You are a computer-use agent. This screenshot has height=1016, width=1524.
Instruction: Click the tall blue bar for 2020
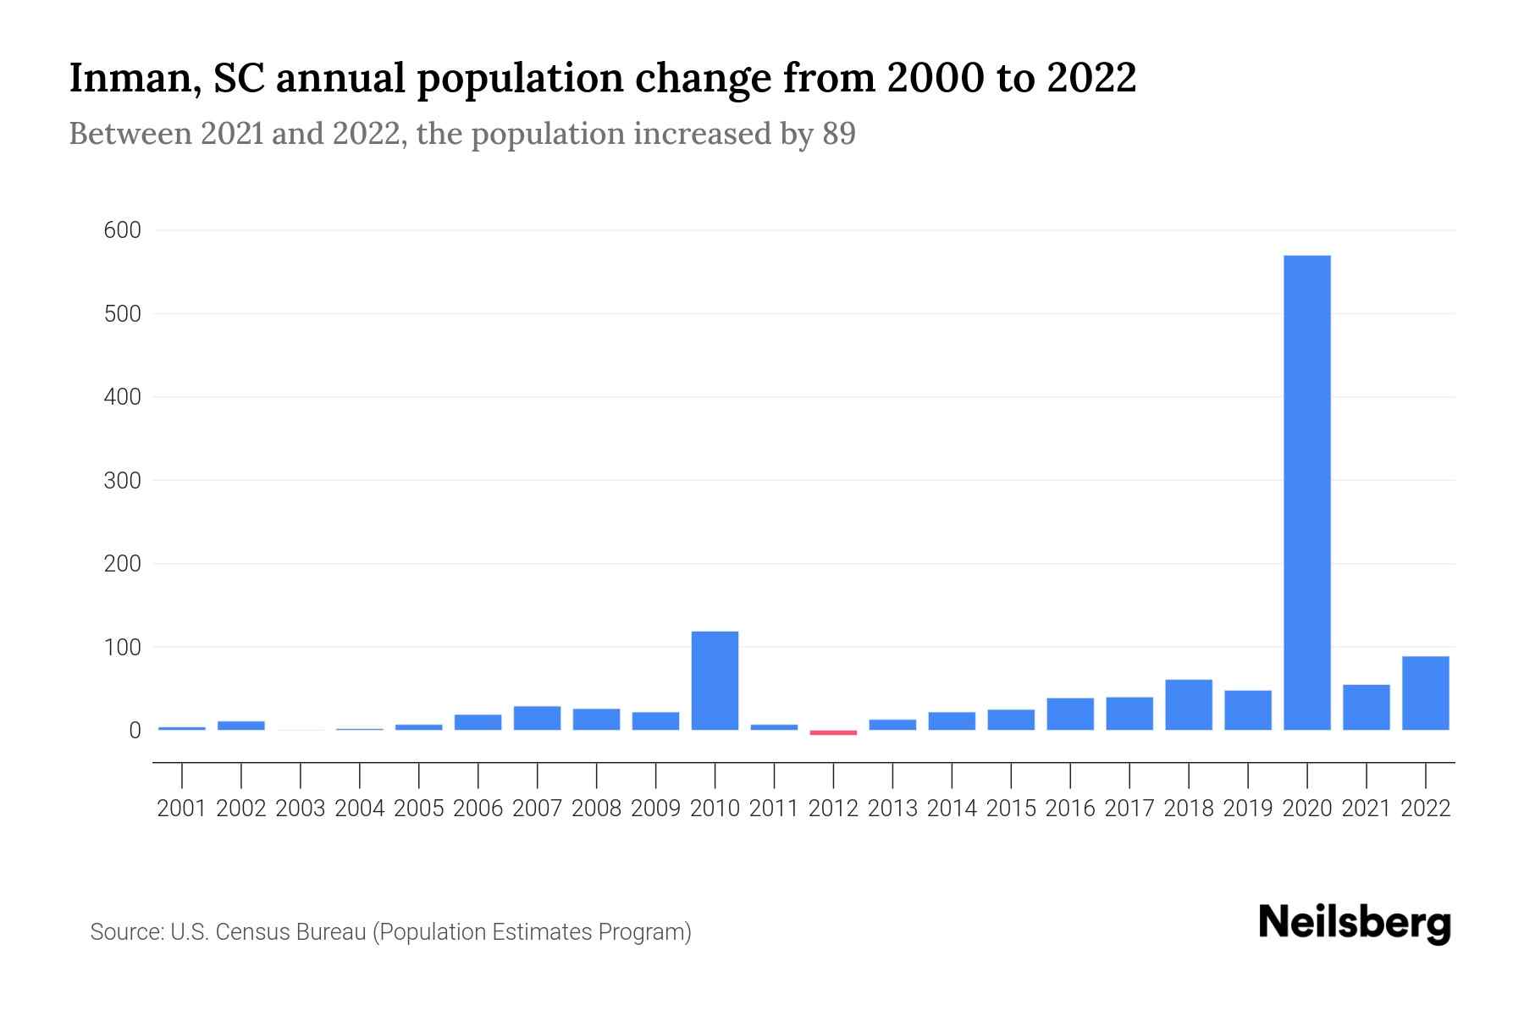click(1306, 491)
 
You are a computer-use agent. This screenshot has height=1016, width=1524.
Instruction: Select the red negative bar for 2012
click(833, 732)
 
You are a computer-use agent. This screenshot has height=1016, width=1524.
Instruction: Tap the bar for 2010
click(715, 681)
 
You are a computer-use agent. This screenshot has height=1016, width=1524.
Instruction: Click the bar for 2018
click(1188, 704)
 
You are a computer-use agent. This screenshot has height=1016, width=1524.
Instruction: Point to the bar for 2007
click(537, 718)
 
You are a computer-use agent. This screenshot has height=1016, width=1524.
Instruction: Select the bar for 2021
click(1366, 707)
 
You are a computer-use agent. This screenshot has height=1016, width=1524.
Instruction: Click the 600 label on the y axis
click(123, 230)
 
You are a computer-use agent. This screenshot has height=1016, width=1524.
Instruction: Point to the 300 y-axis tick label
click(123, 480)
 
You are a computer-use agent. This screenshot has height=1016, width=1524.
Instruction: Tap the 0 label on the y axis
click(135, 730)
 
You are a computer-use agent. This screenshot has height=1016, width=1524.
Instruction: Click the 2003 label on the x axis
click(301, 809)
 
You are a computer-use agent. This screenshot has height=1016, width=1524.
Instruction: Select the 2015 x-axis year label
click(1011, 809)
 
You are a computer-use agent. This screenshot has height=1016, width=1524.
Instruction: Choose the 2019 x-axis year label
click(1247, 809)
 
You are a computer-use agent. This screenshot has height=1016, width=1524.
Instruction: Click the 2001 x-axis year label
click(182, 809)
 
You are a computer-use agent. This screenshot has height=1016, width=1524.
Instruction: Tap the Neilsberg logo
click(1354, 923)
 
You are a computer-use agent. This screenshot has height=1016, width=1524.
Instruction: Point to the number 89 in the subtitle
click(838, 134)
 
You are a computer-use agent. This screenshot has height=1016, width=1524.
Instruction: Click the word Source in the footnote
click(126, 932)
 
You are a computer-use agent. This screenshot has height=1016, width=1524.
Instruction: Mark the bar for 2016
click(1069, 714)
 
